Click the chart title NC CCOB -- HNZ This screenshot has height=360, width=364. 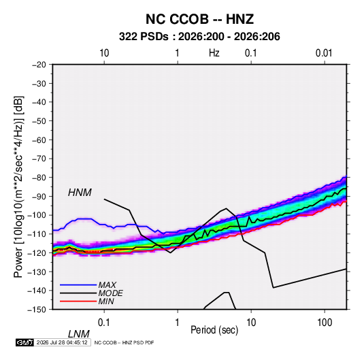199,19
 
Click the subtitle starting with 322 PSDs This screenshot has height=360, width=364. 199,37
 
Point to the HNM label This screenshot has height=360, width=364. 80,193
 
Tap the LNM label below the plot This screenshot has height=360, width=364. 78,334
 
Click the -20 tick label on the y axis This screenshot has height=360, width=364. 39,65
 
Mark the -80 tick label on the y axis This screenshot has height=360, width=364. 39,178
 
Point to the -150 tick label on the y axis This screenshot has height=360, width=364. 37,310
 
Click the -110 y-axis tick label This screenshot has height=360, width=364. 37,234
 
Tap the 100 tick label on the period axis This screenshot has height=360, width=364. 325,323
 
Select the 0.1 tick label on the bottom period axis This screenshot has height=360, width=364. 104,323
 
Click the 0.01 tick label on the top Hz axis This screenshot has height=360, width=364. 324,53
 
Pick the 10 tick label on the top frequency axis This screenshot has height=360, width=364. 104,53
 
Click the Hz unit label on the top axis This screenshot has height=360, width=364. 214,53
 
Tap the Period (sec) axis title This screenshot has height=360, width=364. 214,330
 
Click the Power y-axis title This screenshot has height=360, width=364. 18,187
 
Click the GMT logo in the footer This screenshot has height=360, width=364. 24,342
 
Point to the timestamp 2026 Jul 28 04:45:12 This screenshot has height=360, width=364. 62,342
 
